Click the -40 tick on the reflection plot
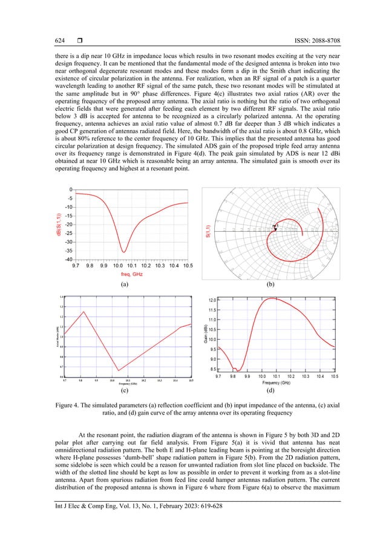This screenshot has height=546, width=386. (68, 259)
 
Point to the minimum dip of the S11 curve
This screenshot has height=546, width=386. (124, 251)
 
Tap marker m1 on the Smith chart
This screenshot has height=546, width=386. (276, 226)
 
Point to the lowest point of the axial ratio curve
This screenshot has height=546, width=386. (119, 370)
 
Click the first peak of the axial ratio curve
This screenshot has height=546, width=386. (83, 311)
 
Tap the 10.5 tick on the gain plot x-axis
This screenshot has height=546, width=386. (335, 377)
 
